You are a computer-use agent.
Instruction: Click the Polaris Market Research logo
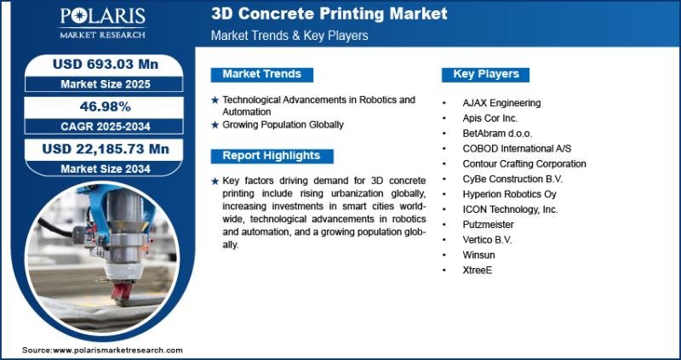102,24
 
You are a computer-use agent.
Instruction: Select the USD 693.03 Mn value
106,65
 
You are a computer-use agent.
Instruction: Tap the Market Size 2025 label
106,83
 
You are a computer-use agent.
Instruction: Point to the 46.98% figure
106,106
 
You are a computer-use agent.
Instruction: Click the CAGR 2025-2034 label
106,126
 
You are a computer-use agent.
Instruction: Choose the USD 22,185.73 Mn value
106,149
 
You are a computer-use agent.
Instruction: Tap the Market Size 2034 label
106,169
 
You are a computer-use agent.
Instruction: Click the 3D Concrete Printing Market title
329,14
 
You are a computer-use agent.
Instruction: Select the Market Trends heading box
262,74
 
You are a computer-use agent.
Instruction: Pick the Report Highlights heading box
272,156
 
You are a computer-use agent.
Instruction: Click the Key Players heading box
485,74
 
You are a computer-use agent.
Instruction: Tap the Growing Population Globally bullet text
283,124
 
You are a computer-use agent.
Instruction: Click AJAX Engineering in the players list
501,103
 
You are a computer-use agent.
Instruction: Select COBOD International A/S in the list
517,149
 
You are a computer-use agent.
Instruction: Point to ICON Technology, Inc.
510,209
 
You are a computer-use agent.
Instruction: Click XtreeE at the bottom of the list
478,270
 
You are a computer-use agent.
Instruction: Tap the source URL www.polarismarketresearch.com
117,350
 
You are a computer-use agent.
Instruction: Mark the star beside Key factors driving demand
215,181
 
